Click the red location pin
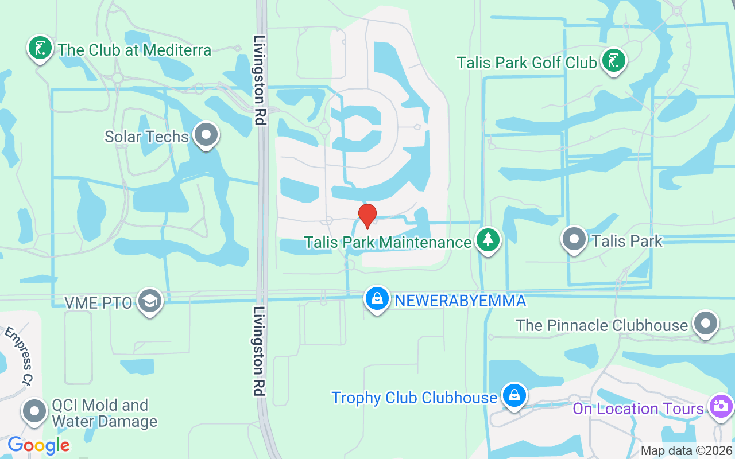367,216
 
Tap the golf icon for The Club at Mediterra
40,48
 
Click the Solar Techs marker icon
206,135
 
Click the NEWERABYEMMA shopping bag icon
377,299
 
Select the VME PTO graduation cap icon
150,301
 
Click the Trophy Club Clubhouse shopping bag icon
514,396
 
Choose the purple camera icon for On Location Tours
721,407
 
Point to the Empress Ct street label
20,356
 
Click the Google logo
38,445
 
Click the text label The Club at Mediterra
134,50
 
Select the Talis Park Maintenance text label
388,242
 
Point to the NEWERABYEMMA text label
458,300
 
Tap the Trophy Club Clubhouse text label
414,398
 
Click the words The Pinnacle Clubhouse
601,325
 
